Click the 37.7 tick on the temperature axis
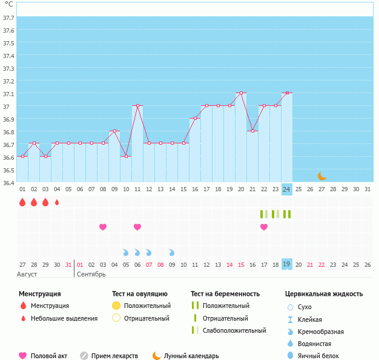tap(8, 18)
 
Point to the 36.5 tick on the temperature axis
tap(8, 170)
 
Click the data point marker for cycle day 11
tap(137, 106)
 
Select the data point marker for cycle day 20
tap(242, 93)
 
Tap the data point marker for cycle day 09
tap(114, 131)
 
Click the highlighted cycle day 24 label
tap(287, 189)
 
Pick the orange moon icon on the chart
tap(322, 176)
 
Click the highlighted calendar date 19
tap(287, 264)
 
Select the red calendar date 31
tap(68, 264)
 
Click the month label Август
tap(28, 274)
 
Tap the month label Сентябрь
tap(91, 274)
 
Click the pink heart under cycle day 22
tap(264, 227)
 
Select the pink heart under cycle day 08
tap(103, 227)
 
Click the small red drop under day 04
tap(57, 202)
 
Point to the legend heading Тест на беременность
tap(225, 294)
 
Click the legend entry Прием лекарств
tap(114, 356)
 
